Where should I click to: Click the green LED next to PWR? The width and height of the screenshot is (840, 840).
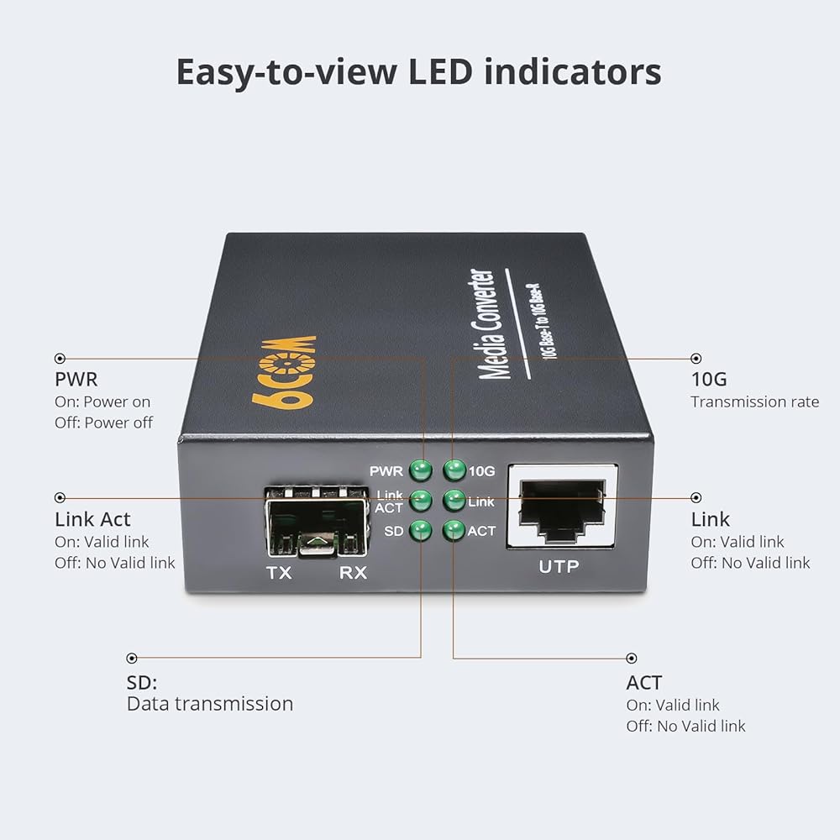[421, 471]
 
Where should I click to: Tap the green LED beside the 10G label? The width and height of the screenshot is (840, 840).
[454, 470]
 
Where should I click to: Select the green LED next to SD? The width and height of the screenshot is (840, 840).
[421, 531]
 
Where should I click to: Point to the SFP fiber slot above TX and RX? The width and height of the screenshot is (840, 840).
[317, 522]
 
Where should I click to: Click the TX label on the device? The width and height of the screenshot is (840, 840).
[279, 573]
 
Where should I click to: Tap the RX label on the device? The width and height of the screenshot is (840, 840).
[353, 573]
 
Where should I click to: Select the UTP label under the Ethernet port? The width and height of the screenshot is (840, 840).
[559, 566]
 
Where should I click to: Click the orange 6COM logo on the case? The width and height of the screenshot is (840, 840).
[284, 372]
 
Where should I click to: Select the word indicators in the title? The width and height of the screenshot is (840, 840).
[573, 71]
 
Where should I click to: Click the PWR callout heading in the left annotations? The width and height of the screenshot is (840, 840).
[76, 380]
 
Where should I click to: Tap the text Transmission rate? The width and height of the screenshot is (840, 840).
[755, 402]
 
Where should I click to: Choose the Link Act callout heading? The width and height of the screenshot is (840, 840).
[92, 519]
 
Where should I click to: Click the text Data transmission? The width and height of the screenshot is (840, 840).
[210, 703]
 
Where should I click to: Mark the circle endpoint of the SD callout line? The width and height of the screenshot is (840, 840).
[132, 658]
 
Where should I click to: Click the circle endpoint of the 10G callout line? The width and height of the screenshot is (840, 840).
[696, 359]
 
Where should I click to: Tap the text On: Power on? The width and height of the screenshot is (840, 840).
[102, 402]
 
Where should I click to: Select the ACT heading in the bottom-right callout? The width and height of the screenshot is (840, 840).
[644, 682]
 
